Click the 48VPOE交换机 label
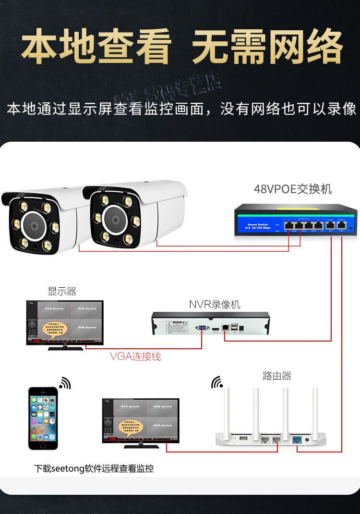coord(292,189)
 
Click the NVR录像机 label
coord(215,305)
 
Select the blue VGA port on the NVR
coord(202,329)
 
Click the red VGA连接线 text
coord(135,356)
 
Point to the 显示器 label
coord(62,291)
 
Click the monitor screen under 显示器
coord(65,322)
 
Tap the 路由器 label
coord(277,376)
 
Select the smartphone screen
coord(43,418)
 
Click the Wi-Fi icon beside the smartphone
coord(65,383)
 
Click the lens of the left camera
coord(34,226)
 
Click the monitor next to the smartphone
coord(140,420)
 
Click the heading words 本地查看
coord(96,47)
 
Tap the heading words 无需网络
coord(267,47)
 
